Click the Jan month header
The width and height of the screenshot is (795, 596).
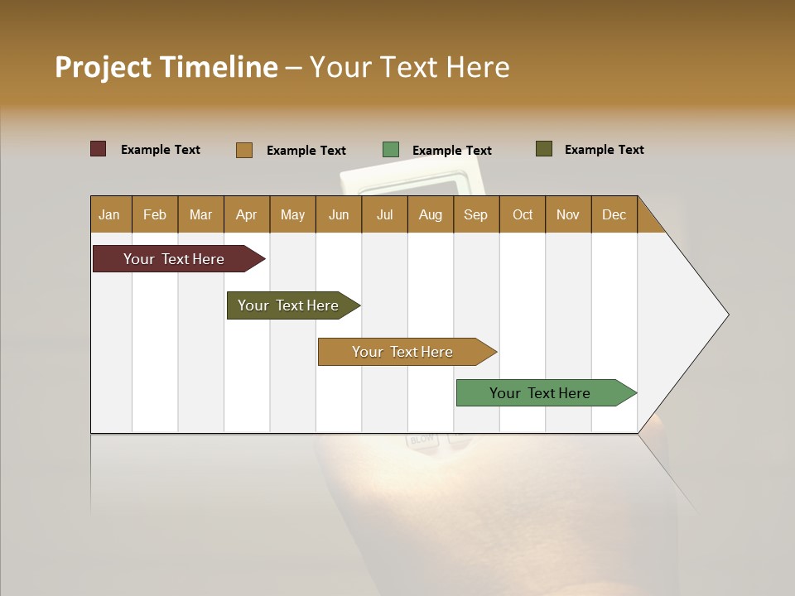[x=109, y=214]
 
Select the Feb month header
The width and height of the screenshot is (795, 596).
[x=155, y=214]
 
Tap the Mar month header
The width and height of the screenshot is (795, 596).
[x=200, y=214]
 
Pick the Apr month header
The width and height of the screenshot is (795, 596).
[x=246, y=214]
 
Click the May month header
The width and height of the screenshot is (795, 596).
[x=292, y=214]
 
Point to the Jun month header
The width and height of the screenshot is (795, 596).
[x=339, y=214]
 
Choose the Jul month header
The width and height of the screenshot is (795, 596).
[x=384, y=214]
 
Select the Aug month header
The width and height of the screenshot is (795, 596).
[x=430, y=214]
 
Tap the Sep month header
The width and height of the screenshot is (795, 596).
[x=475, y=214]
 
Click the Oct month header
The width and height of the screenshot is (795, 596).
[x=523, y=214]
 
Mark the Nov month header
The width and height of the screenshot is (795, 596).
[x=568, y=214]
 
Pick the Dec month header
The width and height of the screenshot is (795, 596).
[x=614, y=214]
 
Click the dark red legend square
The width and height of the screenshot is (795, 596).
[x=98, y=149]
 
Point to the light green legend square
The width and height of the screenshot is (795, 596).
[x=391, y=150]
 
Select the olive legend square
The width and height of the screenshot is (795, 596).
[x=544, y=149]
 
